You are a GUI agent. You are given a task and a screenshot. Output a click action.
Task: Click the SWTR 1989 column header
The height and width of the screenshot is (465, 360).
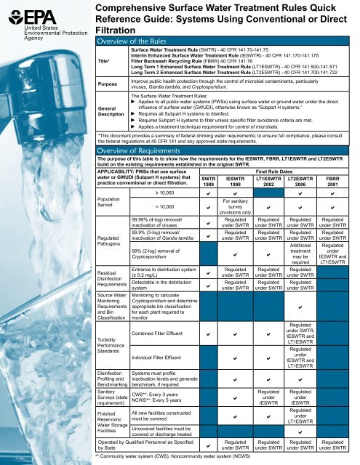click(x=209, y=182)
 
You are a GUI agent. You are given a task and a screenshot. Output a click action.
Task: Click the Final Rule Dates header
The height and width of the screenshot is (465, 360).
click(x=277, y=171)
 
